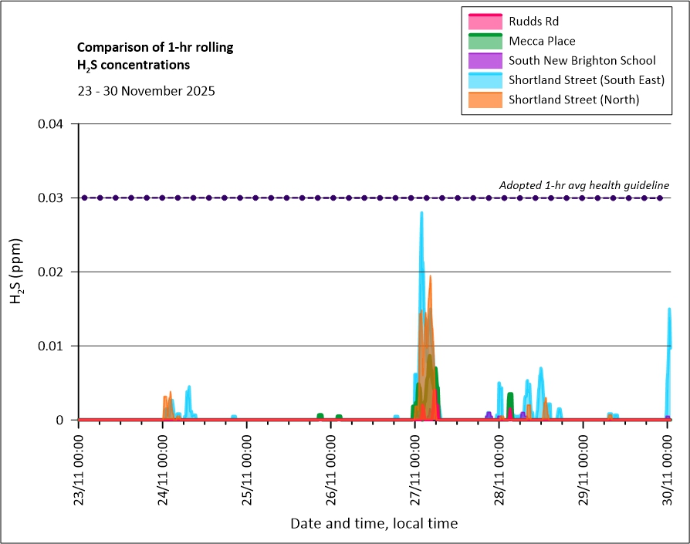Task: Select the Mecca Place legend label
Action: click(542, 41)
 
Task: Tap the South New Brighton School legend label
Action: click(582, 60)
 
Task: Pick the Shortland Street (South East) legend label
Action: click(587, 79)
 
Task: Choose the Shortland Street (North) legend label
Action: click(574, 100)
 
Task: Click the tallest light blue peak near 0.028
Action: click(421, 214)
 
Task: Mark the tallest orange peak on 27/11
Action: click(430, 278)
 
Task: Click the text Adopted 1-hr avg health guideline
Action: click(583, 185)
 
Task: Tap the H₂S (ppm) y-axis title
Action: click(16, 272)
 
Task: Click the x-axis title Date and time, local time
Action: click(374, 524)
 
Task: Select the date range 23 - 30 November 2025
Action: click(146, 90)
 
